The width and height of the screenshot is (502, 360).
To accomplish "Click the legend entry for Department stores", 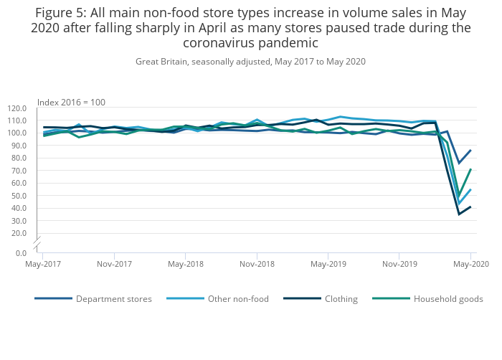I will [113, 299].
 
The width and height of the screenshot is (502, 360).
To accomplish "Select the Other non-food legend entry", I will [238, 299].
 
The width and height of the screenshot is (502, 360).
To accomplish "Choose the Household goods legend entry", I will [448, 299].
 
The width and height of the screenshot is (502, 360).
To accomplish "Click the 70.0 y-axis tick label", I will [19, 171].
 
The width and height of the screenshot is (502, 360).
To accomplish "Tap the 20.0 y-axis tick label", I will [19, 233].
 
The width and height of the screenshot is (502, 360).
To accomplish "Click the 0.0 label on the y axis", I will [21, 252].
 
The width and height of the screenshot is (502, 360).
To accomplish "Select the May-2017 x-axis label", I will [42, 264].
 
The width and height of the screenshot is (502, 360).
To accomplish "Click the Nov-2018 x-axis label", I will [257, 264].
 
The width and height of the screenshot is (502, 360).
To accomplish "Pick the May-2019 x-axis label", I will [328, 264].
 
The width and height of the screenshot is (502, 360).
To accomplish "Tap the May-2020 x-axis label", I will [470, 264].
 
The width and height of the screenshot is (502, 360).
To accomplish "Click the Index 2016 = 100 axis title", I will [71, 101].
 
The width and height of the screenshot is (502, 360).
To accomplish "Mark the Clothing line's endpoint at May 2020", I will [470, 207].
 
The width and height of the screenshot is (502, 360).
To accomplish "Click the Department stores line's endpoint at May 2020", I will [470, 151].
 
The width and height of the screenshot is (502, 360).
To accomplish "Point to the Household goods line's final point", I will [470, 169].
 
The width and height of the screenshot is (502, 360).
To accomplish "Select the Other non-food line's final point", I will [470, 190].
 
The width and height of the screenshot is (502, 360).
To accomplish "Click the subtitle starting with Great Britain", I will [250, 62].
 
